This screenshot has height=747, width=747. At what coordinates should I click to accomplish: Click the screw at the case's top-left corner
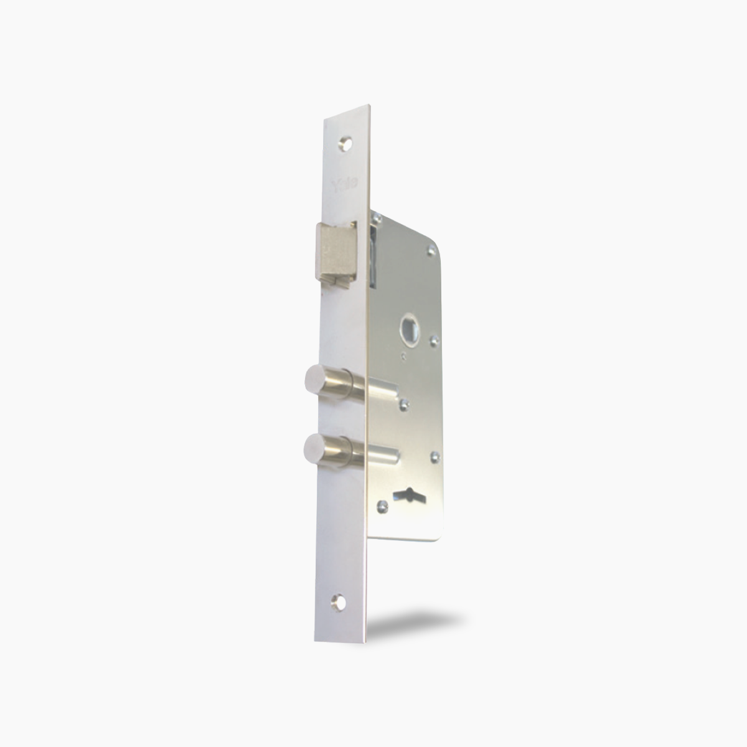(x=377, y=217)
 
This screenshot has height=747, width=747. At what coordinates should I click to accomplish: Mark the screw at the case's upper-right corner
(x=430, y=251)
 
